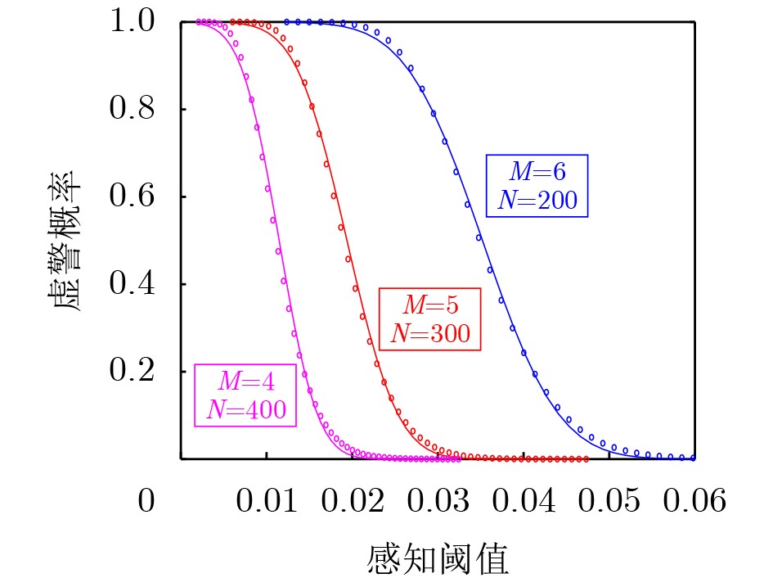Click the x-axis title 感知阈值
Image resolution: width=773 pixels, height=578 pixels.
coord(438,558)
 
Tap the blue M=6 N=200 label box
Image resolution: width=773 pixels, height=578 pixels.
coord(537,185)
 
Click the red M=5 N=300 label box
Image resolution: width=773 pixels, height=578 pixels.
coord(430,319)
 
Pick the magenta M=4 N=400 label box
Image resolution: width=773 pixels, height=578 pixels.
coord(245,395)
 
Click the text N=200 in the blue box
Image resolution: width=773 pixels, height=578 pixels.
coord(537,199)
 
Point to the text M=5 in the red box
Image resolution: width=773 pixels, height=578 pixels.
coord(430,305)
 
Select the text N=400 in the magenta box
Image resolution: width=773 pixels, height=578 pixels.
coord(245,409)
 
